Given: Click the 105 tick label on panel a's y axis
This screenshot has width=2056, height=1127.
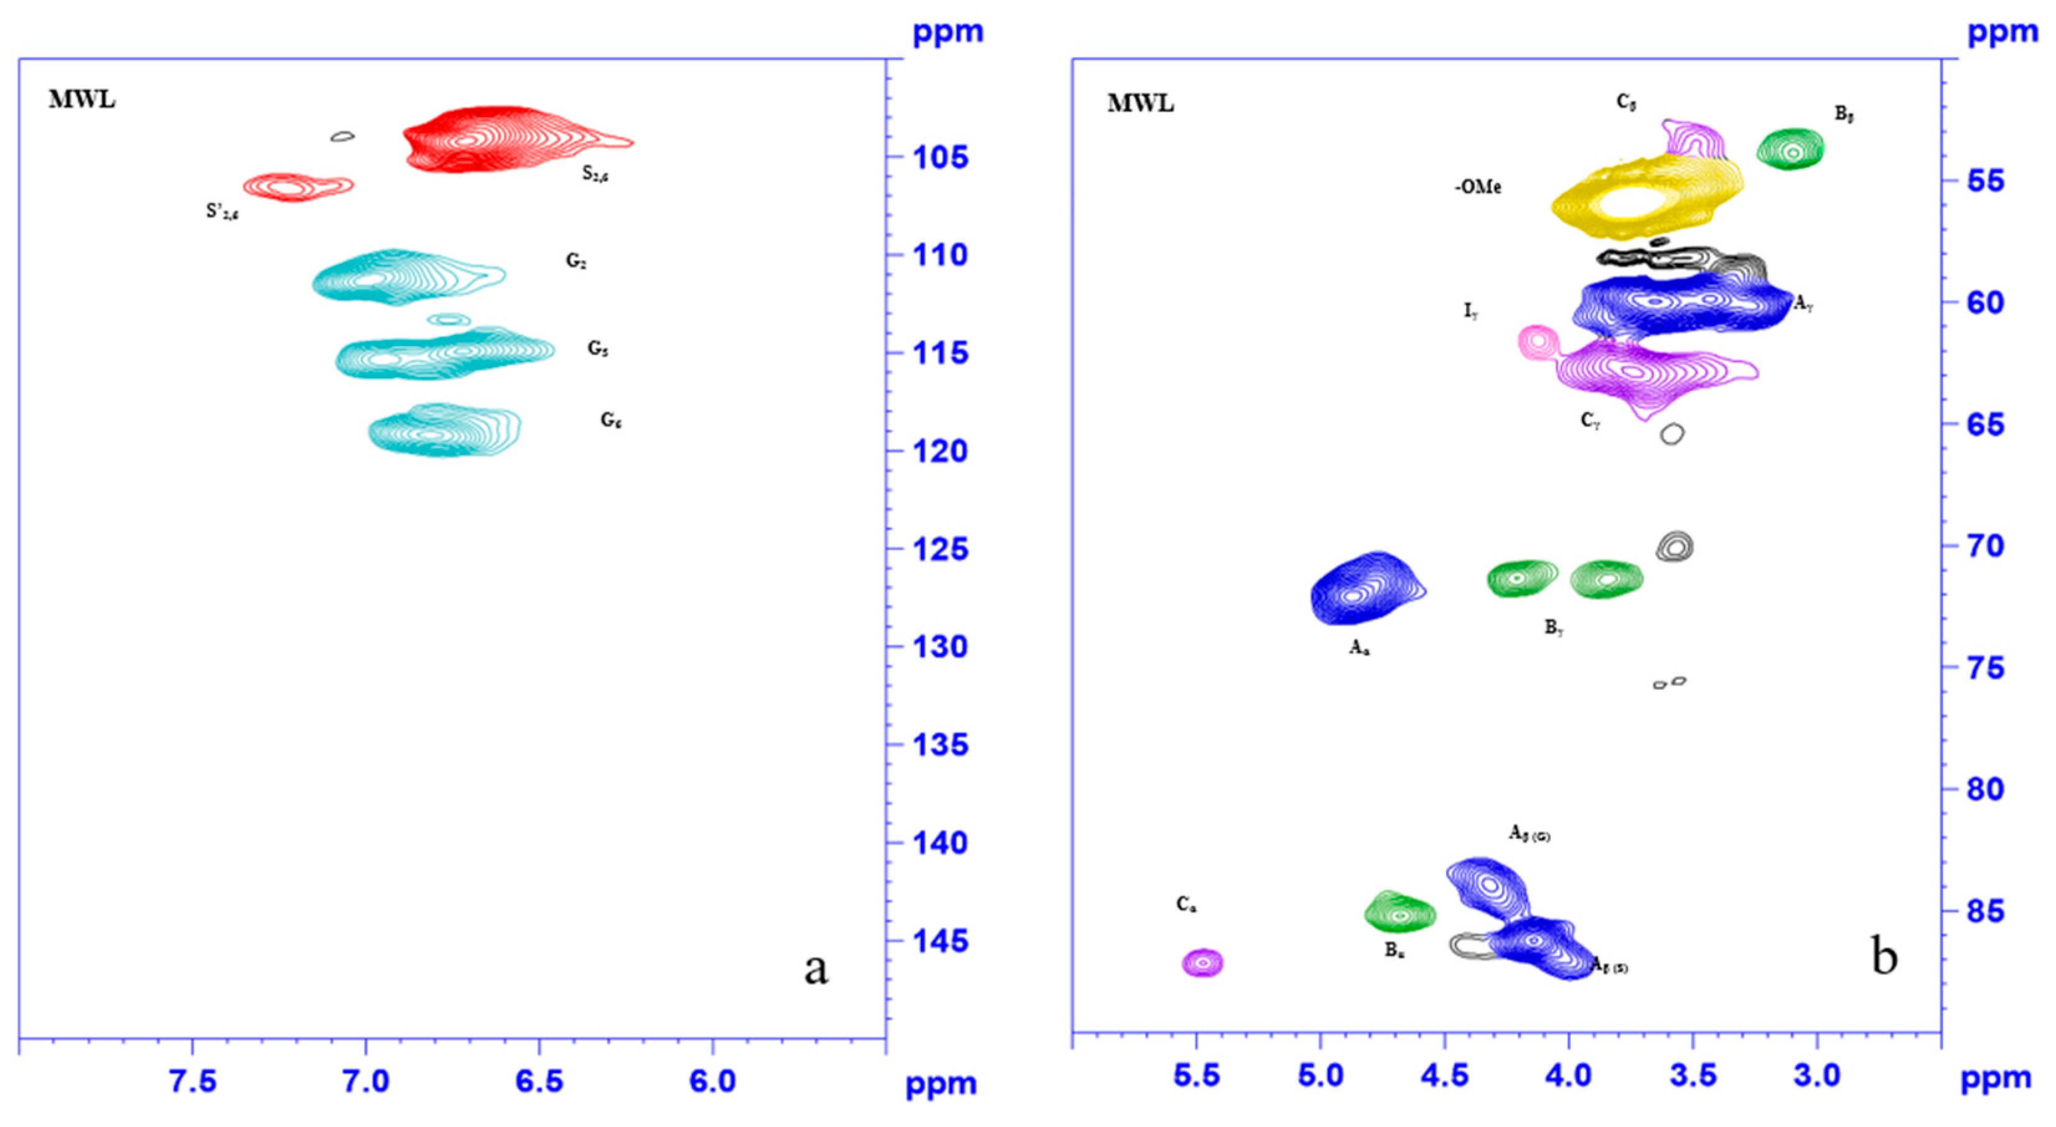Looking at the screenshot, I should pos(940,157).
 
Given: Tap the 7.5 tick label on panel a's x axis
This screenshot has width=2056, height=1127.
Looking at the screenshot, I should pos(192,1081).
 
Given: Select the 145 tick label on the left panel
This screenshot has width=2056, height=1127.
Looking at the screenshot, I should pos(940,941).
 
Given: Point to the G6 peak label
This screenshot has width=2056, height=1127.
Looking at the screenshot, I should pos(611,420).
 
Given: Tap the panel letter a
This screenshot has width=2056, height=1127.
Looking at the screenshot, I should pos(815,969).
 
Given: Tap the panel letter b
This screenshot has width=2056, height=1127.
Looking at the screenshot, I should pos(1884,956).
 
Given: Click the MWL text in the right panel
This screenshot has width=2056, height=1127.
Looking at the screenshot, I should pos(1140,104).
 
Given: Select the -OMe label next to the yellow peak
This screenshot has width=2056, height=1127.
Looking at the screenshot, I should pos(1477,187).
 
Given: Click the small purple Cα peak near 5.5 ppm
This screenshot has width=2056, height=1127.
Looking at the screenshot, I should pos(1203,963).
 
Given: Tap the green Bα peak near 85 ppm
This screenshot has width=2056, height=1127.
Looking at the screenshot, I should pos(1399,914).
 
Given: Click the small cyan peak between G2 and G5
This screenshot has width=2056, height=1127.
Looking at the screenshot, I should pos(449,319).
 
